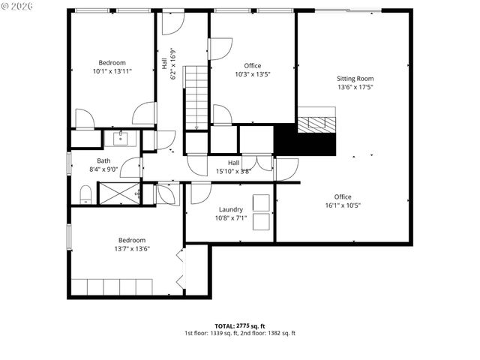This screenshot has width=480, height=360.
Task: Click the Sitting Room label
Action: [x=355, y=78]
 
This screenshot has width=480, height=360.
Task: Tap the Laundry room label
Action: [x=231, y=209]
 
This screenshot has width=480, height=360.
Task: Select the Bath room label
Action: [x=103, y=160]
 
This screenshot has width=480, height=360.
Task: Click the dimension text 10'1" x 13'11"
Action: [x=112, y=71]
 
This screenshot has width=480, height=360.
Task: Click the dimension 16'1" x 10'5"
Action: [x=343, y=205]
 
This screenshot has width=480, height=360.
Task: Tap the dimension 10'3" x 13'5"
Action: [x=252, y=74]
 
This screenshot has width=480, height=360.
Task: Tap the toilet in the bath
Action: [x=85, y=194]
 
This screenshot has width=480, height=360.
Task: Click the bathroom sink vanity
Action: [x=121, y=138]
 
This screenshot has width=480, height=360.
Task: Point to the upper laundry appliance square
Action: [x=262, y=202]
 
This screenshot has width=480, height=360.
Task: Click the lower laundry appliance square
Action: [x=262, y=222]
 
